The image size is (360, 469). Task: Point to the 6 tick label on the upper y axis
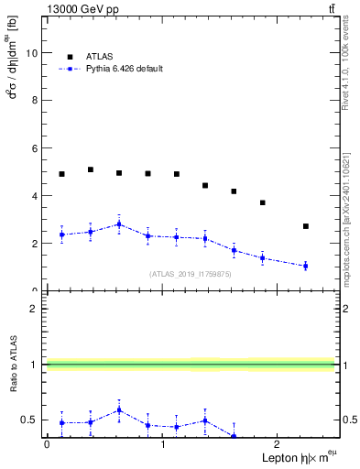click(35, 148)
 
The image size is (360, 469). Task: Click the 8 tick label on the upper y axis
click(35, 101)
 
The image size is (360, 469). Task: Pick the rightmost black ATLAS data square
click(306, 226)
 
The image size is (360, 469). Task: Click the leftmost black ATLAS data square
click(61, 174)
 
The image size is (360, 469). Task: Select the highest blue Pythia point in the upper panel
click(119, 224)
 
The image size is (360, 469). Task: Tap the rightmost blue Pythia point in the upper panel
click(306, 266)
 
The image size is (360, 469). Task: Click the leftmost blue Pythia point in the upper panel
click(61, 234)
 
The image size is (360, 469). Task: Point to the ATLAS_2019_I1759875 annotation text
click(191, 274)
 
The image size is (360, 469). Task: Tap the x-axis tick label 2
click(278, 444)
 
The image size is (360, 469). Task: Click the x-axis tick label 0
click(47, 444)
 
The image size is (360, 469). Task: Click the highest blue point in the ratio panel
click(119, 409)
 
